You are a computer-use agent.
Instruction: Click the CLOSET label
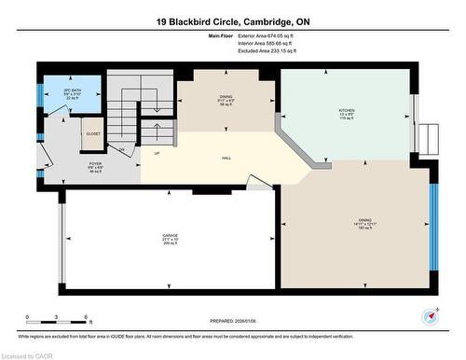[93, 133]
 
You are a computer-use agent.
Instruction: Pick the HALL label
[226, 158]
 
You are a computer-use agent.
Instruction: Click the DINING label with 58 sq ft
[226, 96]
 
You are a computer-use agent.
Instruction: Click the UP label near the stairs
[156, 153]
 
